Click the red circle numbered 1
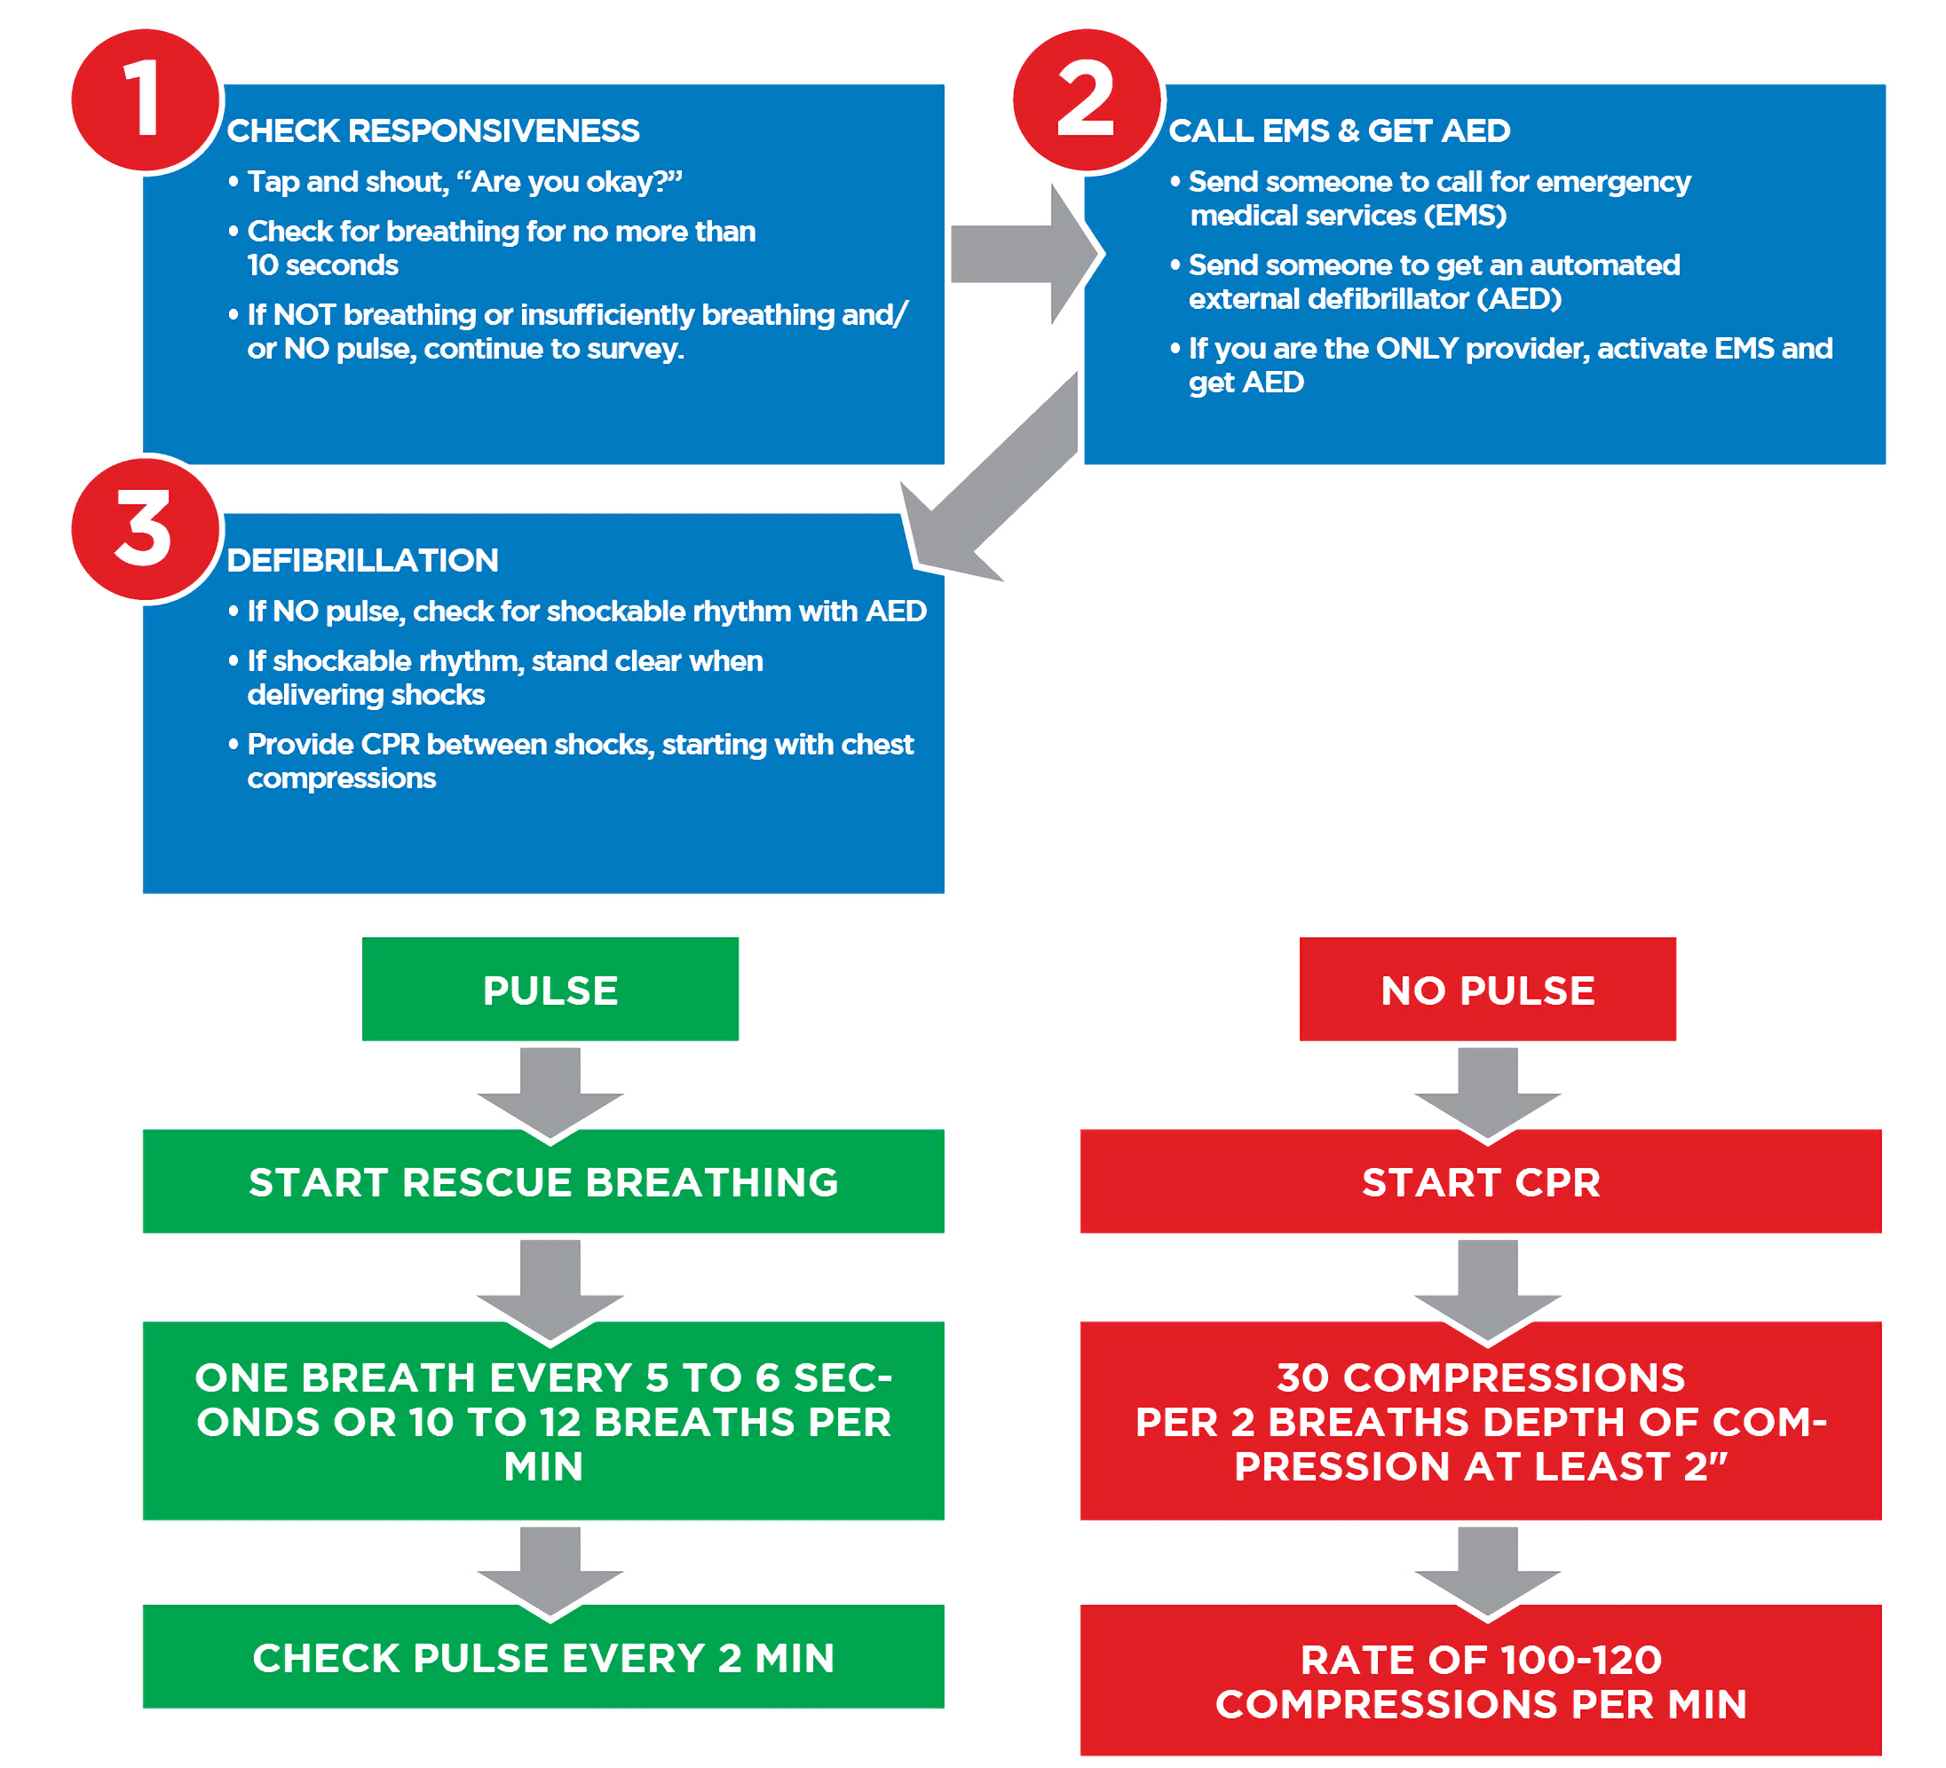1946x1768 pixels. [145, 99]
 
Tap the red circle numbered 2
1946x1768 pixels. [1086, 99]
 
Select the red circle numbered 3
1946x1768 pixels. [145, 529]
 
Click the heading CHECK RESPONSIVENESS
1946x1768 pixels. [432, 131]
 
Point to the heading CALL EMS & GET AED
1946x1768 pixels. [1339, 131]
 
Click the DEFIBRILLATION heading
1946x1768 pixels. [362, 561]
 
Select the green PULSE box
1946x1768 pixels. [550, 991]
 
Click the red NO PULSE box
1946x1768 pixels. [1488, 991]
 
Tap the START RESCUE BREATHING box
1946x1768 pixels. [543, 1182]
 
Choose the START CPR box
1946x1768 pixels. [1481, 1182]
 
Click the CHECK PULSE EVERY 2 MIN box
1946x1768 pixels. [543, 1658]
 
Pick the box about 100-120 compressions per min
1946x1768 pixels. [1481, 1681]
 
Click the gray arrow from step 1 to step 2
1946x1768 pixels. [1024, 256]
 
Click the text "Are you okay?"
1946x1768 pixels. [575, 181]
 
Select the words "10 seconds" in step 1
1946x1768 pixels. [322, 265]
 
